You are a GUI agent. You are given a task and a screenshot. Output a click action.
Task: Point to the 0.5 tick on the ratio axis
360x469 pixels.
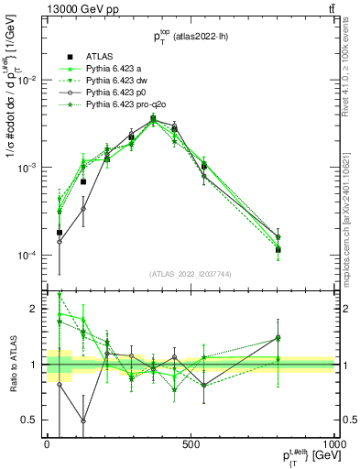point(33,420)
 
